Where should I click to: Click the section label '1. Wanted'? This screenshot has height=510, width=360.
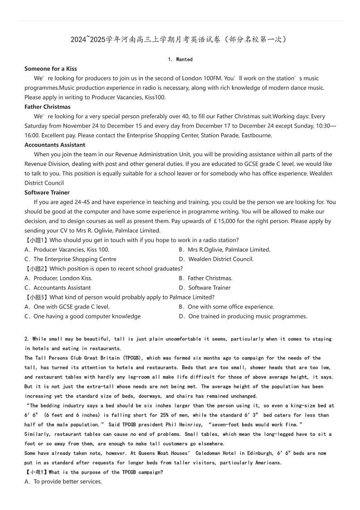(180, 59)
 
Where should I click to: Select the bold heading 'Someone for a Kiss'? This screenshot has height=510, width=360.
(51, 69)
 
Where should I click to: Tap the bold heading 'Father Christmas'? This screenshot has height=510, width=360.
(48, 107)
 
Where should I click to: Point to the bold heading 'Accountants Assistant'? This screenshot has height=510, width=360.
(55, 145)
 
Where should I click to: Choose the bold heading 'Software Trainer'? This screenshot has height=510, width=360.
(47, 192)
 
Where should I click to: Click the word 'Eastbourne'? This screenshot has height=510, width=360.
(256, 135)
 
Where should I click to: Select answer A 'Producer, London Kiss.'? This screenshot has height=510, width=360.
(58, 278)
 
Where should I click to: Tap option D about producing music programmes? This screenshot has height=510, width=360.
(243, 316)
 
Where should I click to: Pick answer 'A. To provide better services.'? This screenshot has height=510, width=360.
(63, 481)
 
